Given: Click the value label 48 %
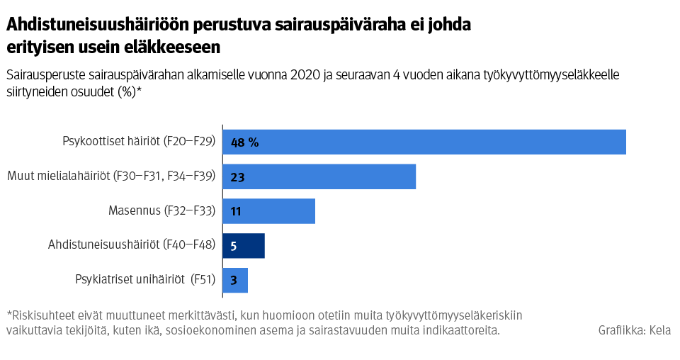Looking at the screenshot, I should (x=244, y=142).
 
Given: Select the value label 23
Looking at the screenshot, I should (x=237, y=176).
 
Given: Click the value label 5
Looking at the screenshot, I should (x=234, y=246).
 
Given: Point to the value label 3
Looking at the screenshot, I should (x=234, y=280).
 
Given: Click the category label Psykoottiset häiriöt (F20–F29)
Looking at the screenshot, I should (x=139, y=142).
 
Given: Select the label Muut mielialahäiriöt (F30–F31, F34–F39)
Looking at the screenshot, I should (x=110, y=176).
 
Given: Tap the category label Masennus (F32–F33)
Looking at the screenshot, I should (x=161, y=211).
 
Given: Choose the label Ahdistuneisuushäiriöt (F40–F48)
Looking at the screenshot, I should (x=131, y=246).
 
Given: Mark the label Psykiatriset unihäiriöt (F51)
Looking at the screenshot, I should (x=144, y=280).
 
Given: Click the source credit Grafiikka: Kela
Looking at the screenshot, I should (x=635, y=330).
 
